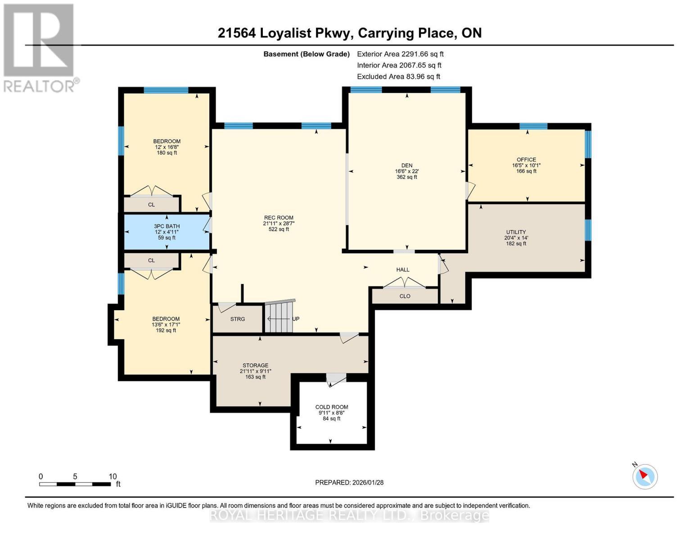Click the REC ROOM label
[x=279, y=218]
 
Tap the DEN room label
[x=406, y=165]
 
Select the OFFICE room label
[x=526, y=160]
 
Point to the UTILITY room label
[x=516, y=232]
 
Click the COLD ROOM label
[x=332, y=407]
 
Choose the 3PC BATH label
[x=167, y=226]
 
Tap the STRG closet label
[x=238, y=319]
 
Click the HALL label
[x=403, y=270]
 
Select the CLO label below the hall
[x=405, y=296]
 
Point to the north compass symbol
[x=645, y=476]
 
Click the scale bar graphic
[x=75, y=484]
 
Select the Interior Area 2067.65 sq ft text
[x=399, y=65]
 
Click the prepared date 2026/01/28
[x=349, y=482]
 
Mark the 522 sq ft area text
[x=279, y=229]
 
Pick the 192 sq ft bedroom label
[x=166, y=330]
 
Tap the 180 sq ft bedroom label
[x=167, y=153]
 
